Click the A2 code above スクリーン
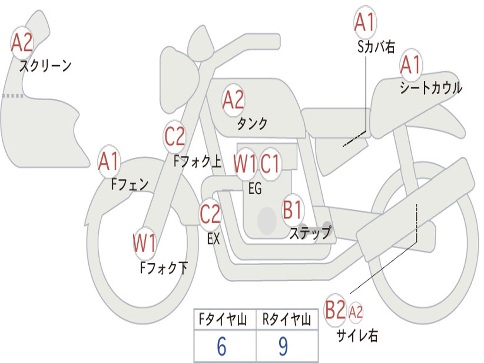click(x=22, y=43)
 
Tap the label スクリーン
click(x=45, y=66)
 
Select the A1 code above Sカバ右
click(x=364, y=22)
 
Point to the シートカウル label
click(x=431, y=88)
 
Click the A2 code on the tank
click(x=233, y=100)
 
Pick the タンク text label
click(x=252, y=124)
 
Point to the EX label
click(x=214, y=239)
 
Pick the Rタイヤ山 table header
click(x=286, y=321)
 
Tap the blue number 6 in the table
click(x=222, y=346)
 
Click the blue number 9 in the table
click(x=283, y=346)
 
